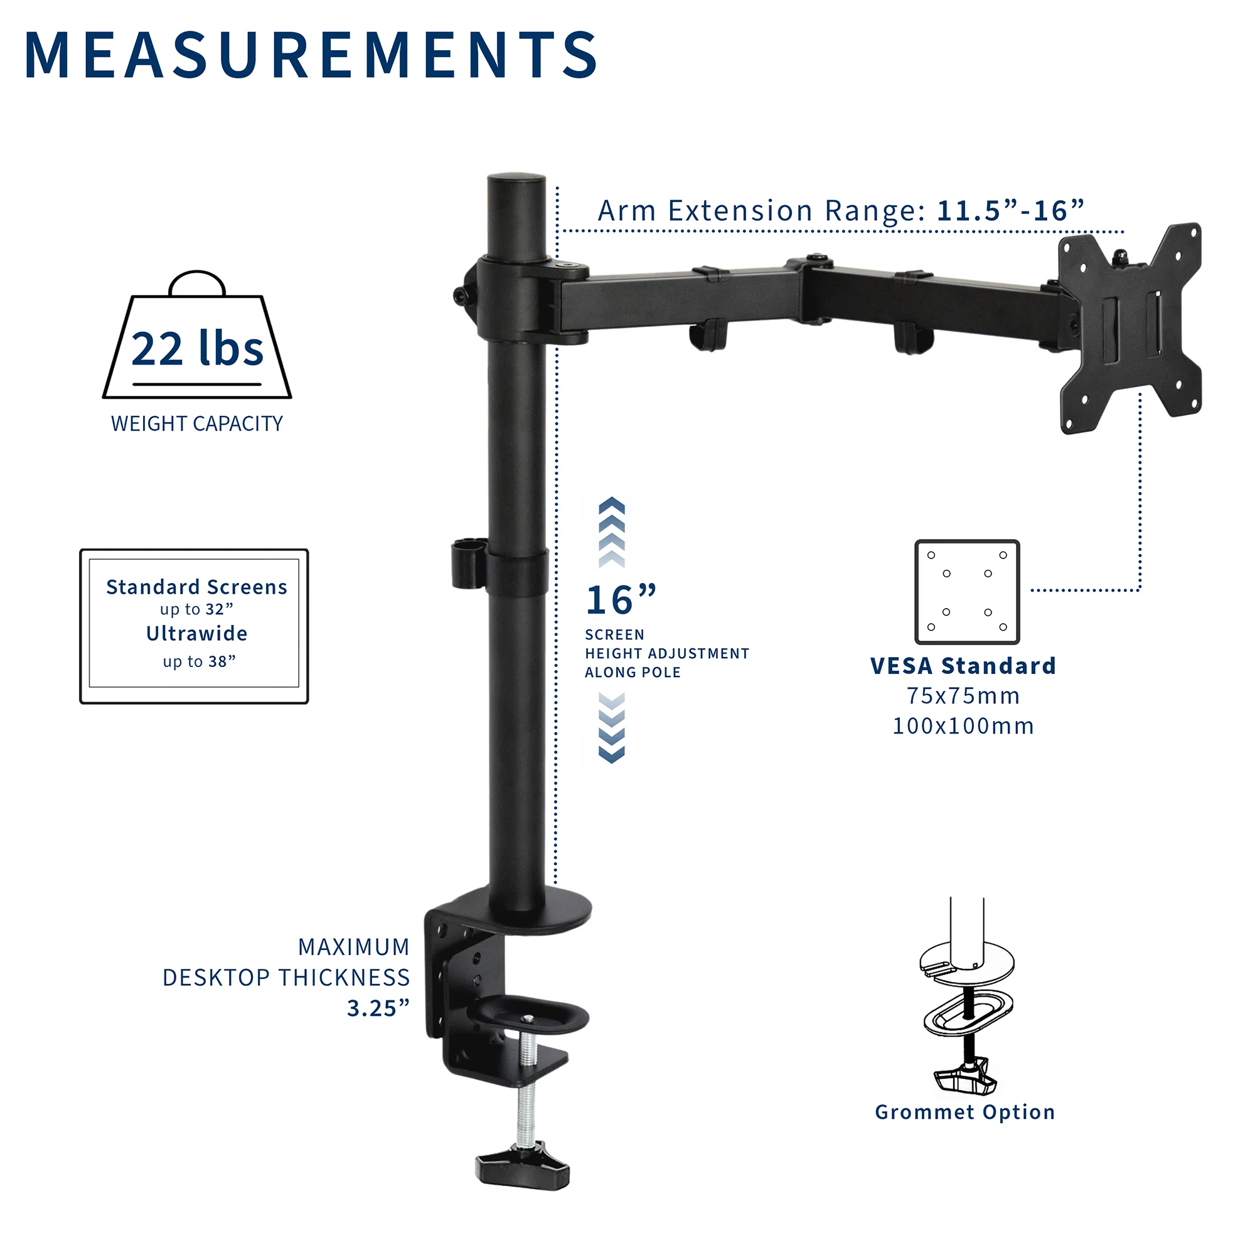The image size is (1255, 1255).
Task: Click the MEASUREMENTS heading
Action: click(311, 55)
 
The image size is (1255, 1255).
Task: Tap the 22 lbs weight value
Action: click(197, 350)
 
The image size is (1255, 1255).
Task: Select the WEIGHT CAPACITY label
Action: click(197, 424)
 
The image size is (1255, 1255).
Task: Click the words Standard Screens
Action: click(197, 587)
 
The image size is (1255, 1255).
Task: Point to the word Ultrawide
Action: click(197, 633)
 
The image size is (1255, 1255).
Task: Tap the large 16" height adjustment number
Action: click(621, 601)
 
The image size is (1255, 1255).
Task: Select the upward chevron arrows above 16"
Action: click(611, 533)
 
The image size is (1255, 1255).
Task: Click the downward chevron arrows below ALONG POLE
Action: click(611, 727)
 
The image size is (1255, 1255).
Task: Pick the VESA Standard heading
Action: click(963, 666)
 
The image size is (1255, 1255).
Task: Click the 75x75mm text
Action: click(963, 696)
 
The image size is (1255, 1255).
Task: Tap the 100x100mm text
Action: click(963, 725)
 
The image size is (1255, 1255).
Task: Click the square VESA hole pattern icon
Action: click(966, 592)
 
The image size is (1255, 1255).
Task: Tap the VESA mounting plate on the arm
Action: click(1130, 328)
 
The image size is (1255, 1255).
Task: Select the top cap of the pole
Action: click(516, 180)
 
